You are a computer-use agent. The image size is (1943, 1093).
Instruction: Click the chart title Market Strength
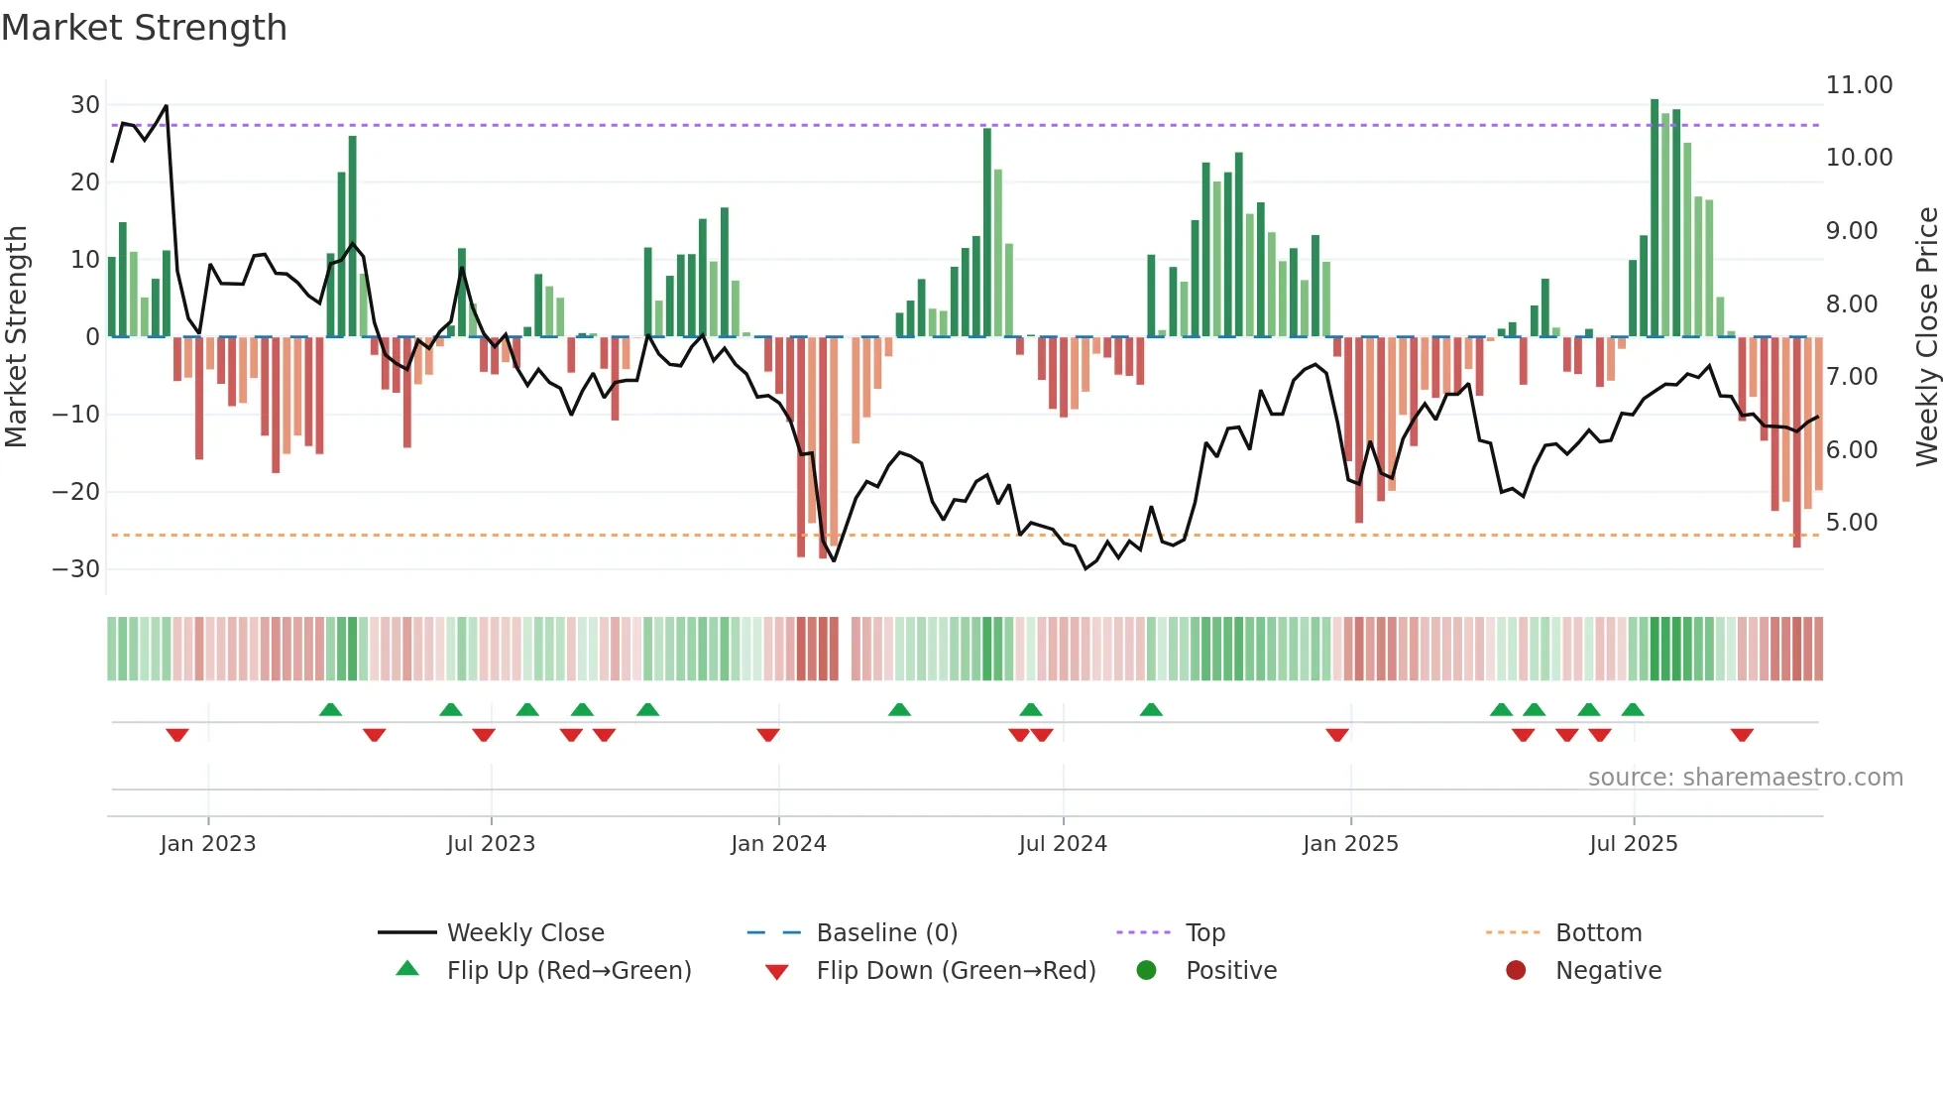144,28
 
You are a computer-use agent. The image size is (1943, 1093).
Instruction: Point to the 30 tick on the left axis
85,105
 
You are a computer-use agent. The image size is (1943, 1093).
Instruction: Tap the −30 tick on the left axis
77,569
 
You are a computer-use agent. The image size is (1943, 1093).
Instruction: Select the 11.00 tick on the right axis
1859,85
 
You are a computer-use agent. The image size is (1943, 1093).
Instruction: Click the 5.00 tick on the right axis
1851,523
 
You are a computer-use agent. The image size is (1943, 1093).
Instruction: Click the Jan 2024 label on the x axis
778,844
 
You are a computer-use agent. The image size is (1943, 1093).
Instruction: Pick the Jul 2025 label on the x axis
1633,844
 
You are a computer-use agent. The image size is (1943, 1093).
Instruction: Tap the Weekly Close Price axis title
1926,337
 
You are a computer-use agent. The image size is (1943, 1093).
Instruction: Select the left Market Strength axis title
17,337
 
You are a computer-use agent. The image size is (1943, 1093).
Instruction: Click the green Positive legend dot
1146,971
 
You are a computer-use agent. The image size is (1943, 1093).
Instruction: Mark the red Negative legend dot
1516,971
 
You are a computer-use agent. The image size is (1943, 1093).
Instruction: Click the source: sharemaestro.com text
1745,778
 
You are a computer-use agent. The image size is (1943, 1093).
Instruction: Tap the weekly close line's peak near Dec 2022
166,106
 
